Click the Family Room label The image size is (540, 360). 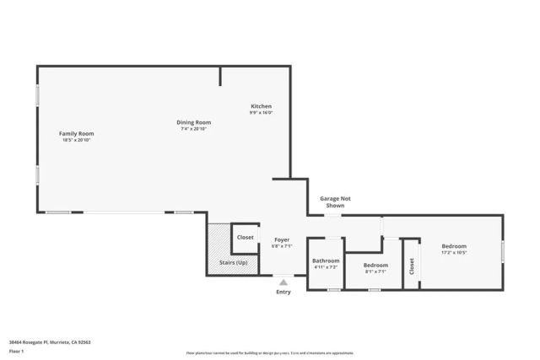click(x=76, y=133)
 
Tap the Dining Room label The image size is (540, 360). click(x=193, y=122)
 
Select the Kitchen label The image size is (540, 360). click(x=261, y=106)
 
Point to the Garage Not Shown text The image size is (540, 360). click(x=335, y=201)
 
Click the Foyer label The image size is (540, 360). click(x=282, y=240)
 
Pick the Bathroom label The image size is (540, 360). click(x=325, y=261)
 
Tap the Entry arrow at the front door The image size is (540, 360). click(x=283, y=282)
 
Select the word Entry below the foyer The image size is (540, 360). click(x=283, y=293)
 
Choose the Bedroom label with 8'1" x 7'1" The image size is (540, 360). click(x=375, y=265)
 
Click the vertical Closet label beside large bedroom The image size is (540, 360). click(x=412, y=267)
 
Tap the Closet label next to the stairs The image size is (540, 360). click(x=245, y=238)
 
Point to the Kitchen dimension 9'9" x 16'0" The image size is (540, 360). click(x=261, y=113)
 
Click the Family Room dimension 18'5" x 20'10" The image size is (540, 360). click(x=76, y=140)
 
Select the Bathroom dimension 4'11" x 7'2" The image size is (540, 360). click(x=325, y=267)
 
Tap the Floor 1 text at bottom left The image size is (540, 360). click(x=16, y=351)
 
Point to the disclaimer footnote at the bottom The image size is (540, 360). click(x=270, y=352)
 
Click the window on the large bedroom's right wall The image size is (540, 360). click(x=503, y=251)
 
